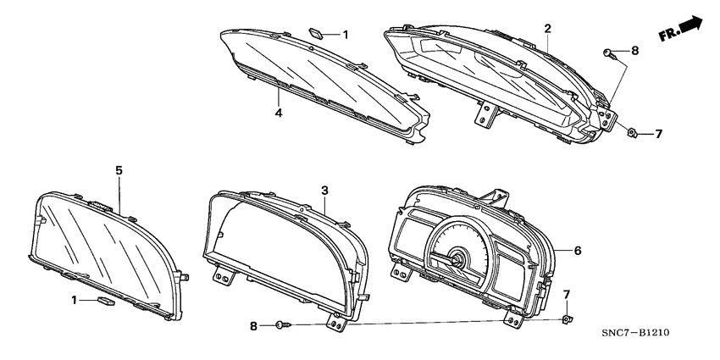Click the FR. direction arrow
coord(684,29)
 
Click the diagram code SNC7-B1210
coord(635,333)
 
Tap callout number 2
coord(547,29)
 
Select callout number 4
coord(277,110)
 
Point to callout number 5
coord(119,170)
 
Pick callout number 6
coord(578,251)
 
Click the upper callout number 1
coord(345,34)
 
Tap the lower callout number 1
coord(74,300)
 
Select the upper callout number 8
coord(634,52)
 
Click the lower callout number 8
coord(252,325)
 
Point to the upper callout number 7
coord(658,134)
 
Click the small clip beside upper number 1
coord(316,33)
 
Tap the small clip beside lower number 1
coord(106,300)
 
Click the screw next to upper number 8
coord(610,53)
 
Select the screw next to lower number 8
coord(283,324)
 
